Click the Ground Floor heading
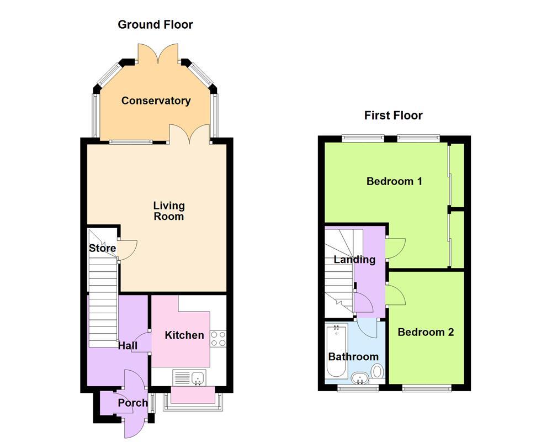click(155, 25)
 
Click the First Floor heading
click(393, 115)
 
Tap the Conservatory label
click(156, 101)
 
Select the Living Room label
click(169, 211)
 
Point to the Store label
click(102, 248)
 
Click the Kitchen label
click(184, 335)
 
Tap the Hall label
click(128, 345)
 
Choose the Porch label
click(132, 403)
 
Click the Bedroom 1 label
click(394, 181)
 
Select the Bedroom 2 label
click(426, 332)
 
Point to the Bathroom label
click(353, 357)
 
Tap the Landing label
click(354, 260)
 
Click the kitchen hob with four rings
click(218, 339)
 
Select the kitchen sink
click(190, 377)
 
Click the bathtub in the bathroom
click(337, 350)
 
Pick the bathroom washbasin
click(359, 378)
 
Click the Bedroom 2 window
click(427, 388)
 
